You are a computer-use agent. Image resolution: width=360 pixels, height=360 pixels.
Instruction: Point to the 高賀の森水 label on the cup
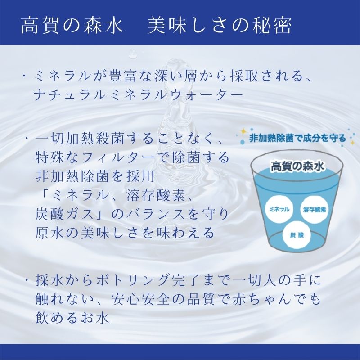pos(297,166)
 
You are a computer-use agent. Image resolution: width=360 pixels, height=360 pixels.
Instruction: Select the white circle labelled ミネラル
pos(279,209)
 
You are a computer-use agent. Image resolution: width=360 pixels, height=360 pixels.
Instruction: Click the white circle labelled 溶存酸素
pos(314,209)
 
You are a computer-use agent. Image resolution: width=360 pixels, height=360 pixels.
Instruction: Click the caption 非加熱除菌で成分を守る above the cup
pos(297,139)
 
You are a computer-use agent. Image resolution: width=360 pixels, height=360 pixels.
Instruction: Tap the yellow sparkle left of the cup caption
pos(243,132)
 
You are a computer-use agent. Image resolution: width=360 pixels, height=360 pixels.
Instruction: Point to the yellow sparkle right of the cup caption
pos(352,143)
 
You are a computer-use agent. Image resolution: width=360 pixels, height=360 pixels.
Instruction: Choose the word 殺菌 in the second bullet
pos(108,139)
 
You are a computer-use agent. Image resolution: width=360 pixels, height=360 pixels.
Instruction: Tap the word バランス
pos(156,215)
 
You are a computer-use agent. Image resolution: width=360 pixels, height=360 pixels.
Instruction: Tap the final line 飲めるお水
pos(72,318)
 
